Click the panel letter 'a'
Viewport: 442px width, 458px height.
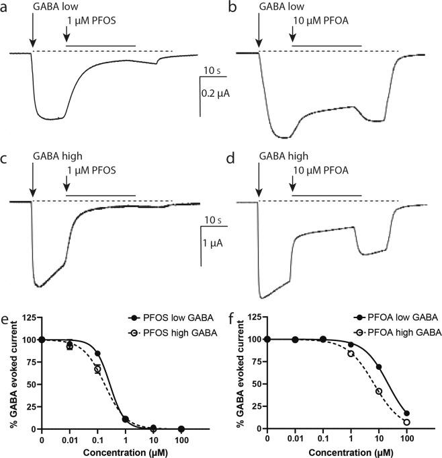click(6, 8)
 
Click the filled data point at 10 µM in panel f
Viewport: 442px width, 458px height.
click(379, 367)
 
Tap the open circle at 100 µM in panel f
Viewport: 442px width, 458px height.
click(406, 422)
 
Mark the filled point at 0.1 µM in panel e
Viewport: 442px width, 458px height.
click(97, 354)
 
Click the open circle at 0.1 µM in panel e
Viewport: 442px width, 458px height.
click(97, 369)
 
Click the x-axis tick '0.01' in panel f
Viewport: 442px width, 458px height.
click(296, 439)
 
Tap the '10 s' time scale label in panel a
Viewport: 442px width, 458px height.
click(214, 70)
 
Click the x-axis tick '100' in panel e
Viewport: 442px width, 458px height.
click(180, 439)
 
